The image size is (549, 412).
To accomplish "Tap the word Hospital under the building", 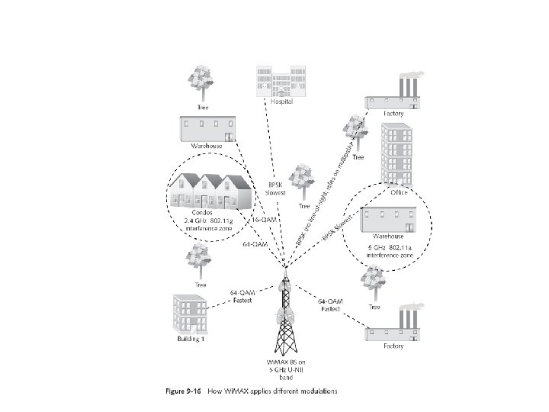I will [x=281, y=102].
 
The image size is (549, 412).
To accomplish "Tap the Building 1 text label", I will [x=191, y=339].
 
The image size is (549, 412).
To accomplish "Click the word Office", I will [x=398, y=192].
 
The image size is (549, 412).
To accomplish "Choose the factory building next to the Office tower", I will [x=393, y=95].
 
